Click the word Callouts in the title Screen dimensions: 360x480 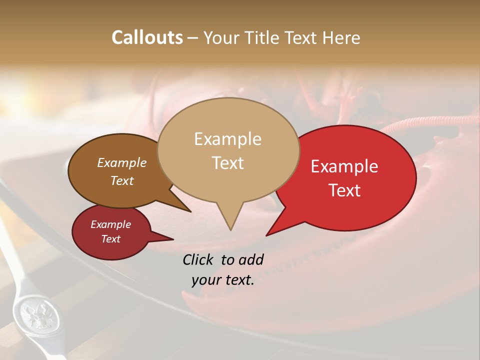coord(147,38)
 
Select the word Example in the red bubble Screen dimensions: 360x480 coord(344,166)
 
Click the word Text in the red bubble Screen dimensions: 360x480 coord(344,190)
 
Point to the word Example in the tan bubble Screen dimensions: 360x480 coord(227,139)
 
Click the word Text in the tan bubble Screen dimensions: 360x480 coord(227,163)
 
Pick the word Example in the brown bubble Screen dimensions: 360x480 coord(121,162)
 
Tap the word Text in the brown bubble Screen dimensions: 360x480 coord(121,180)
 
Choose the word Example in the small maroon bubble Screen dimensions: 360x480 coord(110,224)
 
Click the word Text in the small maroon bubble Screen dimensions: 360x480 coord(110,239)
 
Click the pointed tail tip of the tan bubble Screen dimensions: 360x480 coord(230,229)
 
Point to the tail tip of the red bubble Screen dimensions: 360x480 coord(266,235)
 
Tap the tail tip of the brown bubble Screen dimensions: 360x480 coord(190,211)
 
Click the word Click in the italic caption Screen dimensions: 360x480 coord(199,259)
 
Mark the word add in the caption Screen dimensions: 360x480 coord(250,259)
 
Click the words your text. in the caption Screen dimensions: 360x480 coord(223,280)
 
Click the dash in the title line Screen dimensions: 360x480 coord(193,38)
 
